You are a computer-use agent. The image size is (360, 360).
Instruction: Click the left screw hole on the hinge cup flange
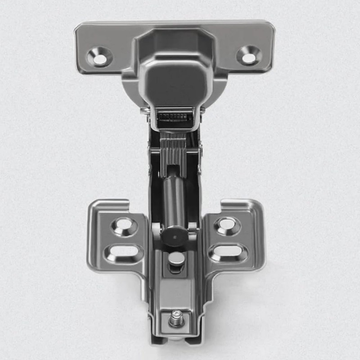pyautogui.click(x=100, y=57)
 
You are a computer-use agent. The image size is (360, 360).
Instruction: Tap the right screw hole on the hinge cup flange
pyautogui.click(x=249, y=56)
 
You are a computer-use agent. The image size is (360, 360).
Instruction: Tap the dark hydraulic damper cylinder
pyautogui.click(x=174, y=198)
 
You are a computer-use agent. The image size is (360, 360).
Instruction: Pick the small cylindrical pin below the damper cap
pyautogui.click(x=177, y=259)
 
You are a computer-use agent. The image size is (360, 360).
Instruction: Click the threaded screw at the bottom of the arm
pyautogui.click(x=176, y=320)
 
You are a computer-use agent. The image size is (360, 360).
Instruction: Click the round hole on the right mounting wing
pyautogui.click(x=227, y=225)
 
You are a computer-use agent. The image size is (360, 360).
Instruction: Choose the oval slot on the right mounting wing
pyautogui.click(x=229, y=252)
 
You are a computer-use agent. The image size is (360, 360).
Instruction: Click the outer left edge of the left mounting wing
pyautogui.click(x=89, y=238)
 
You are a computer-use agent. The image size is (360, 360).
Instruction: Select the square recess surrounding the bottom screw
pyautogui.click(x=176, y=321)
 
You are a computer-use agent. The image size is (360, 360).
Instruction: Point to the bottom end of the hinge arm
pyautogui.click(x=175, y=341)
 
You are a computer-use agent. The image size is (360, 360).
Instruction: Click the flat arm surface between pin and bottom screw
pyautogui.click(x=176, y=292)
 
